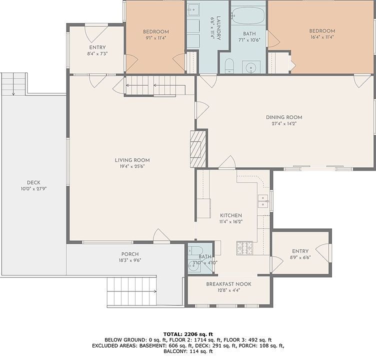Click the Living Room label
132,160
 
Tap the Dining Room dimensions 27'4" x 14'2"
284,124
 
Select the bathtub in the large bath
248,15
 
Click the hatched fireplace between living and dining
198,149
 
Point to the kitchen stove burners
244,248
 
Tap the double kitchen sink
263,201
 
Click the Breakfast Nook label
229,284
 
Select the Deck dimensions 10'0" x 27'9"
33,189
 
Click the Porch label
130,254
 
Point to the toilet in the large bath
229,65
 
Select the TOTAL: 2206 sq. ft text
188,334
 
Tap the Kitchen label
231,215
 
